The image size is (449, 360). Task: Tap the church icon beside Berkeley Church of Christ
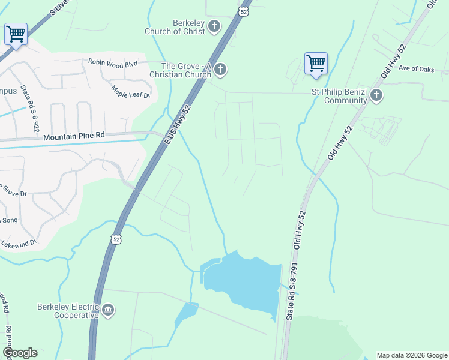pyautogui.click(x=215, y=26)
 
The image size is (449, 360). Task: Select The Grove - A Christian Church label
pyautogui.click(x=187, y=70)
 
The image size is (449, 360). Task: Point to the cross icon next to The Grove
pyautogui.click(x=220, y=70)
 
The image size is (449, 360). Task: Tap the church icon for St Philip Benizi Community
pyautogui.click(x=376, y=95)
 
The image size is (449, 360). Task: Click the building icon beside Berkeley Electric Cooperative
pyautogui.click(x=108, y=310)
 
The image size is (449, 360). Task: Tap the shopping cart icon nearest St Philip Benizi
pyautogui.click(x=316, y=63)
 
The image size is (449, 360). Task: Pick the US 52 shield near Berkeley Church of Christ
pyautogui.click(x=243, y=11)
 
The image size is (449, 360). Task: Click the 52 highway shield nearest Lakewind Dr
pyautogui.click(x=116, y=239)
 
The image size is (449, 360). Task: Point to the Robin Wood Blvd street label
pyautogui.click(x=113, y=62)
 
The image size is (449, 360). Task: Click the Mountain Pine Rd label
pyautogui.click(x=74, y=136)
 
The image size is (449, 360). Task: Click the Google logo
pyautogui.click(x=20, y=353)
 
